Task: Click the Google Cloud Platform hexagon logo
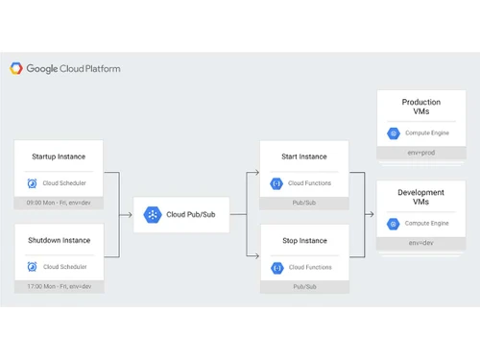(16, 68)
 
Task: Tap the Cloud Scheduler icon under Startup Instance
(34, 183)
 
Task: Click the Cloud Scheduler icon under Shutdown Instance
(34, 266)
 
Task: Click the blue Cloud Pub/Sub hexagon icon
(153, 214)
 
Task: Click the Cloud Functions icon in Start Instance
(276, 182)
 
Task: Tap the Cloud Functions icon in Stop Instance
(276, 266)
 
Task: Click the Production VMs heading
(420, 108)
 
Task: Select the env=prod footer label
(421, 153)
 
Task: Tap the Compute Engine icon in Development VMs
(393, 224)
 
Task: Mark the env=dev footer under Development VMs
(420, 244)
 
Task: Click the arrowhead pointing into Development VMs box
(372, 215)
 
